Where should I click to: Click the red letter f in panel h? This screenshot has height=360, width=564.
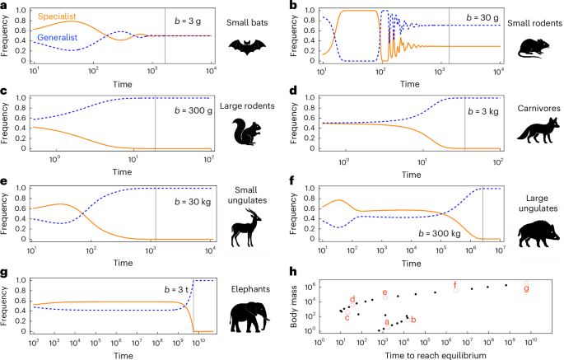(x=455, y=285)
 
